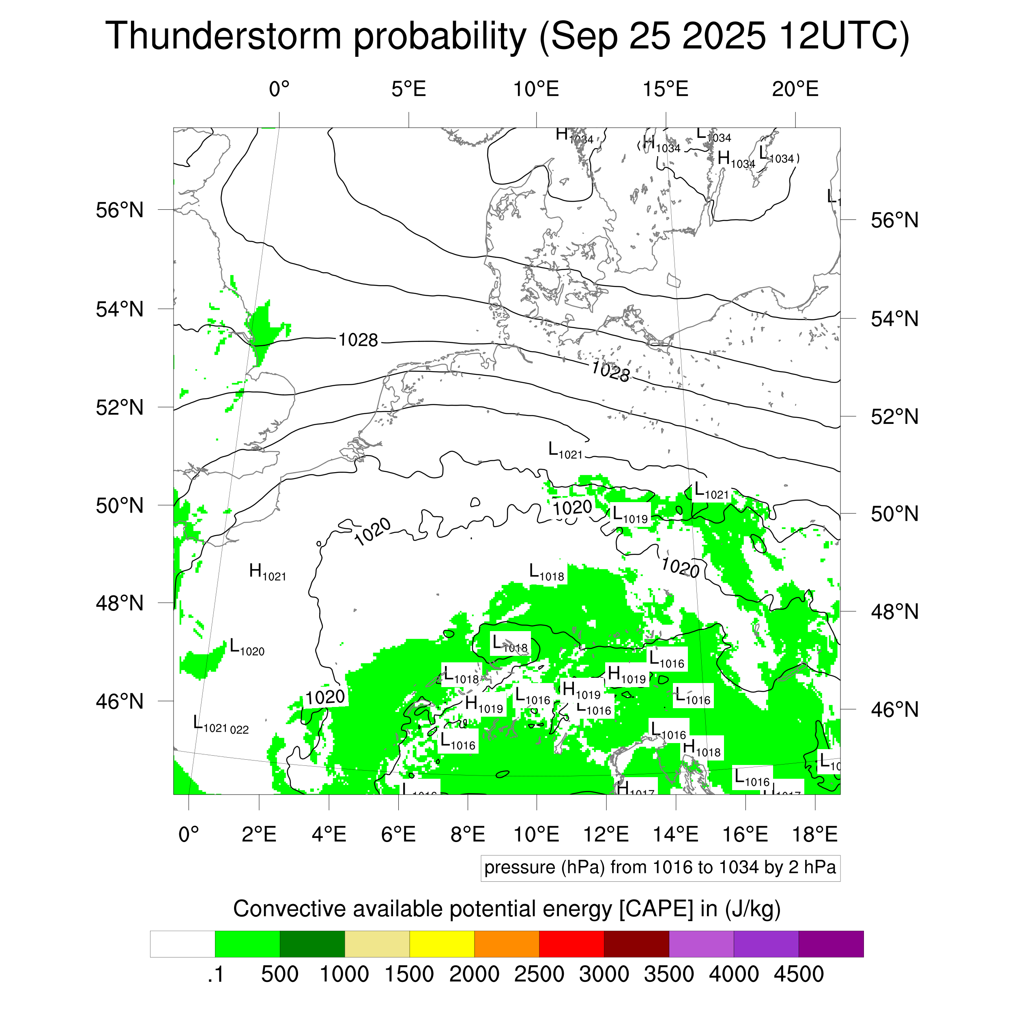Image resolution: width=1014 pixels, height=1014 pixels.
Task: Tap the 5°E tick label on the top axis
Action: tap(408, 89)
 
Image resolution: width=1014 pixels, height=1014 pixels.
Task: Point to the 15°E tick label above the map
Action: tap(666, 89)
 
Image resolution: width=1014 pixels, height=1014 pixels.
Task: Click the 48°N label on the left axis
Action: tap(120, 603)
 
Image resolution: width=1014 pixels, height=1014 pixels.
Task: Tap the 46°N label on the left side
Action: tap(120, 701)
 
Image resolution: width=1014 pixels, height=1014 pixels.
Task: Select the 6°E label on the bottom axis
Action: tap(398, 834)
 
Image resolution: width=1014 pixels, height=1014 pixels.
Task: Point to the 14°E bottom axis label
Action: tap(675, 834)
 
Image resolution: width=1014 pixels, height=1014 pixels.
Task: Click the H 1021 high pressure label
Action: tap(267, 571)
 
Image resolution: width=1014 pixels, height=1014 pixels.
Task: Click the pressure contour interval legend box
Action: tap(660, 868)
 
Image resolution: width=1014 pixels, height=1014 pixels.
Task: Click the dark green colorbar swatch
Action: tap(312, 944)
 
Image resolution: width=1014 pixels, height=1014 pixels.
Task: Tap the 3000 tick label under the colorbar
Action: tap(604, 974)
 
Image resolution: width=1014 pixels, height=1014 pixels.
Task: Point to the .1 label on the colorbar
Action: tap(215, 974)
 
